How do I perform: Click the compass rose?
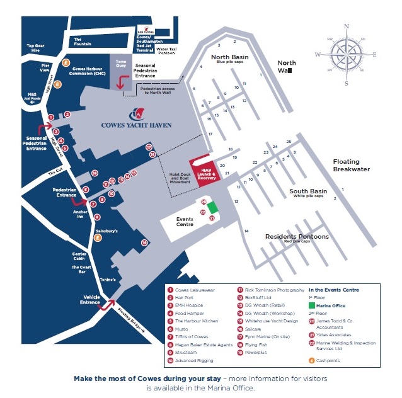(x=346, y=54)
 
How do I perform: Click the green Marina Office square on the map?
(x=212, y=207)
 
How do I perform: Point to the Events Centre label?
(x=184, y=222)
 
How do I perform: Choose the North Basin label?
(x=230, y=58)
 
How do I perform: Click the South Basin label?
(x=307, y=191)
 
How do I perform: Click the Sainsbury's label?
(x=106, y=231)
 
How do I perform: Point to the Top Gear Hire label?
(x=35, y=48)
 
